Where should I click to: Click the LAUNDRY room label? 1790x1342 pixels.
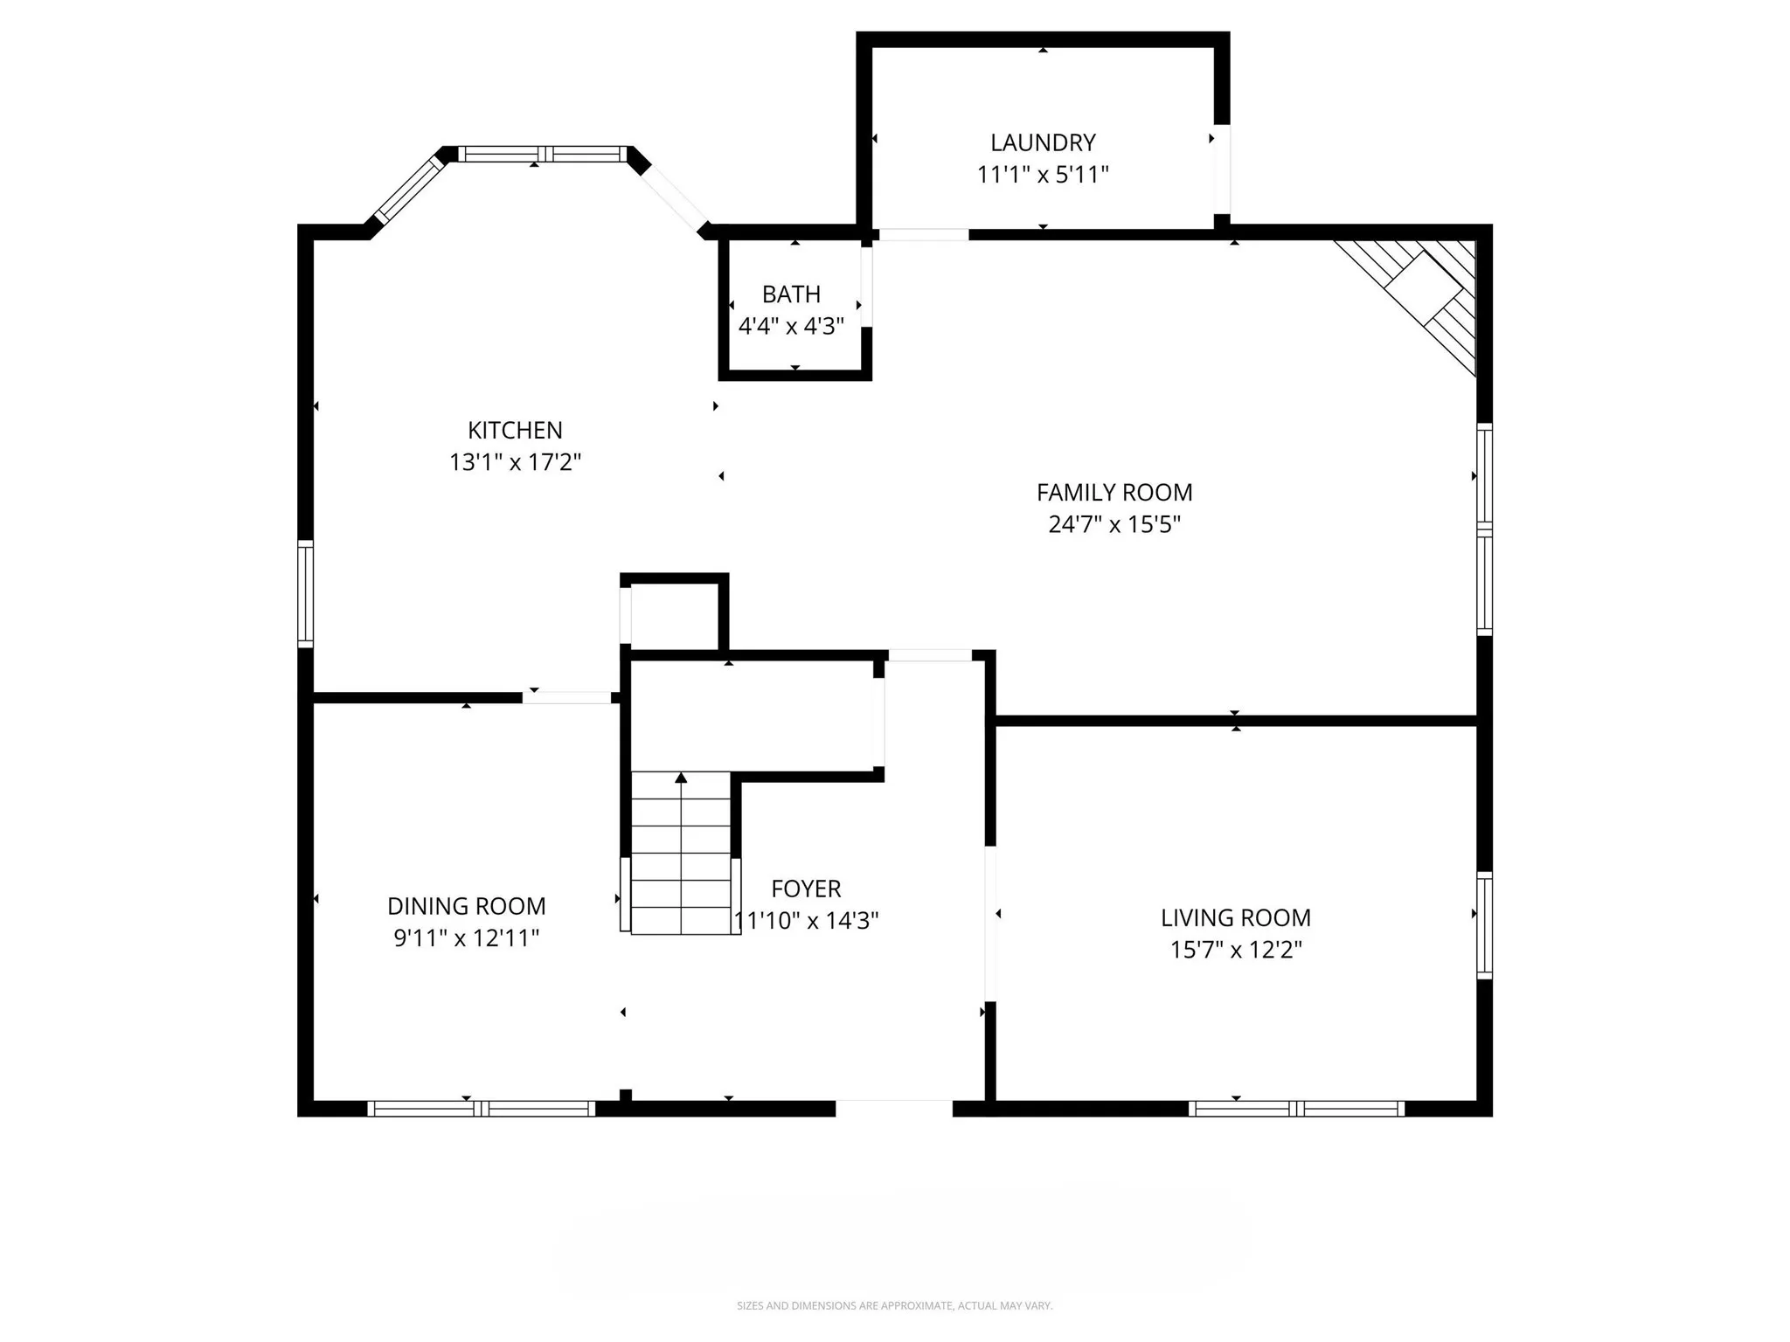pyautogui.click(x=1042, y=142)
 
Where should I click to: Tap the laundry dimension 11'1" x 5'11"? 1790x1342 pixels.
pyautogui.click(x=1042, y=175)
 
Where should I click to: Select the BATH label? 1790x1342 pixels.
pyautogui.click(x=791, y=294)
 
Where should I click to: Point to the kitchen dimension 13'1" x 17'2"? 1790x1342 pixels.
pyautogui.click(x=515, y=462)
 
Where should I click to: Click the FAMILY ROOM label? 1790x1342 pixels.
pyautogui.click(x=1114, y=493)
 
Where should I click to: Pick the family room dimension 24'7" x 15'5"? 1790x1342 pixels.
pyautogui.click(x=1114, y=524)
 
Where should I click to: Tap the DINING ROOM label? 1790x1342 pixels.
pyautogui.click(x=466, y=906)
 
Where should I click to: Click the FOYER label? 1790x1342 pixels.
pyautogui.click(x=806, y=889)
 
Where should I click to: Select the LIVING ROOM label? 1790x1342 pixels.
pyautogui.click(x=1235, y=918)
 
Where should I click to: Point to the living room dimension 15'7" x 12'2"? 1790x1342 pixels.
pyautogui.click(x=1235, y=950)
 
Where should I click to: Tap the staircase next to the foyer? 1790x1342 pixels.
pyautogui.click(x=681, y=865)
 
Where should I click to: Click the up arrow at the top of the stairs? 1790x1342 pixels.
pyautogui.click(x=681, y=778)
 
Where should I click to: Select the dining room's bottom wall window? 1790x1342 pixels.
pyautogui.click(x=481, y=1109)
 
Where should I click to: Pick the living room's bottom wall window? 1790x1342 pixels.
pyautogui.click(x=1296, y=1109)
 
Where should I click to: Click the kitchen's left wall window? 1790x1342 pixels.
pyautogui.click(x=305, y=593)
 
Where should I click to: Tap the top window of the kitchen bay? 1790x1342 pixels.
pyautogui.click(x=543, y=154)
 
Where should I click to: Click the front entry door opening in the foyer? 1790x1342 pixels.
pyautogui.click(x=893, y=1109)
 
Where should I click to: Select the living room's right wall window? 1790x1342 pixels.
pyautogui.click(x=1484, y=924)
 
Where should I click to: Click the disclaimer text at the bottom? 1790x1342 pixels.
pyautogui.click(x=894, y=1305)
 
